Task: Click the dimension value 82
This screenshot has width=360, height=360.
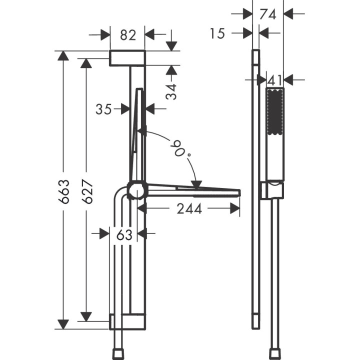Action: click(128, 35)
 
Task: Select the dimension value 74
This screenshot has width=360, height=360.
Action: click(268, 14)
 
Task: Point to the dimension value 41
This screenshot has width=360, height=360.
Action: click(274, 79)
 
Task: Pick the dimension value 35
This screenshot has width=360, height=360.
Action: click(103, 108)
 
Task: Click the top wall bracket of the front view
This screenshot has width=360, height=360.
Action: click(127, 58)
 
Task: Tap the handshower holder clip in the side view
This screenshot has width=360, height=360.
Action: click(273, 189)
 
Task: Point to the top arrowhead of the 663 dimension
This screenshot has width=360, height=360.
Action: click(62, 55)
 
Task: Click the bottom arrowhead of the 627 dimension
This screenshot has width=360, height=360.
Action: click(86, 316)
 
